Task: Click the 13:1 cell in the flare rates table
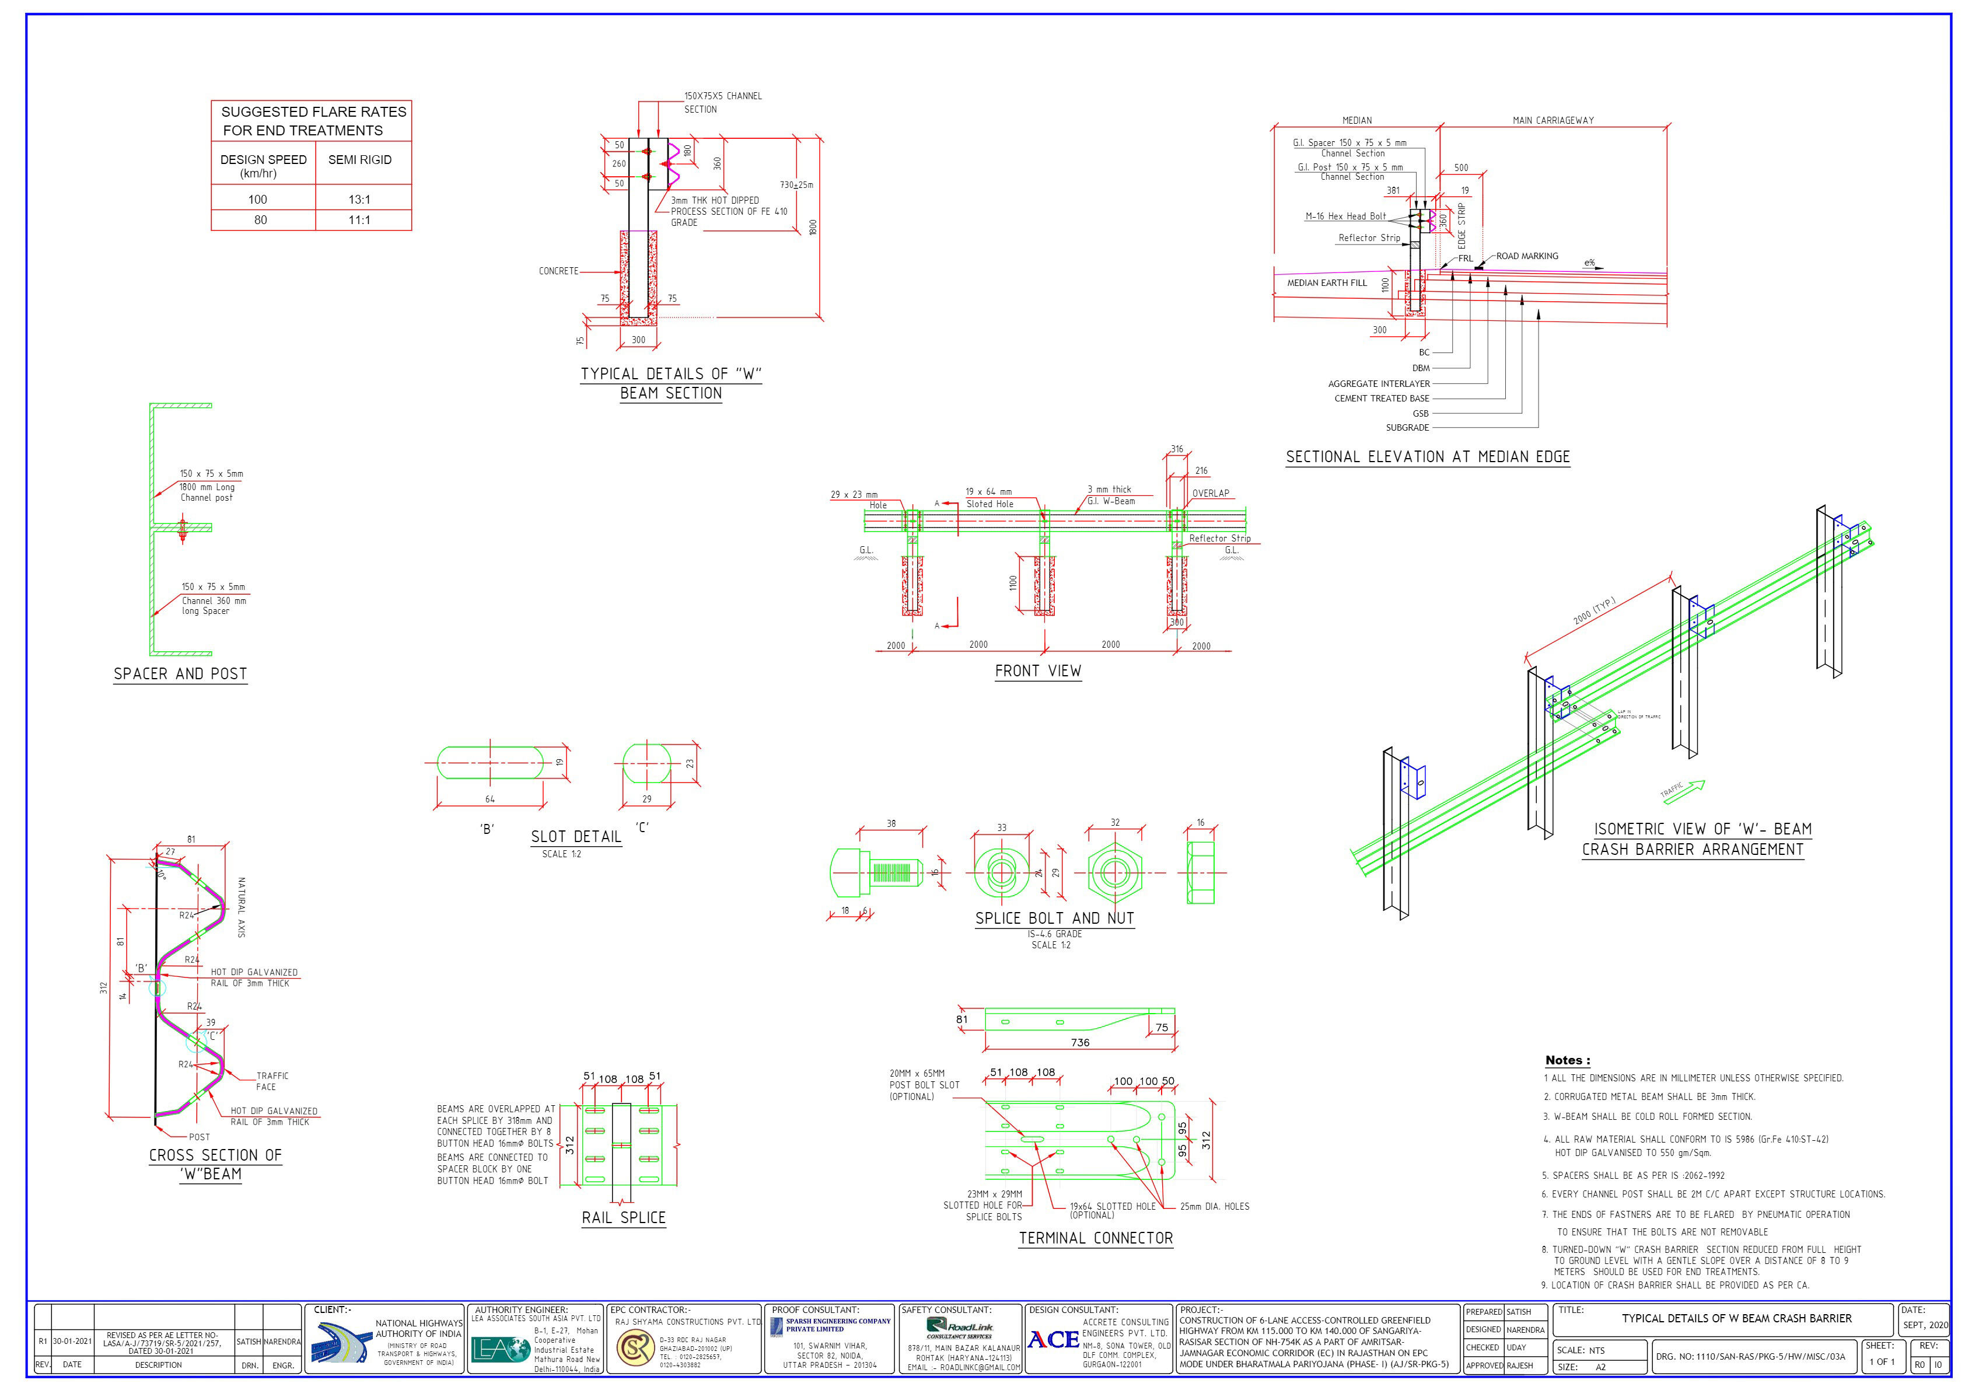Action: (359, 200)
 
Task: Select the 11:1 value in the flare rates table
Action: (359, 220)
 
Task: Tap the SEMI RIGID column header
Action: (359, 160)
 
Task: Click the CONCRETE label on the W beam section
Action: (558, 271)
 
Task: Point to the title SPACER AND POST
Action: (181, 673)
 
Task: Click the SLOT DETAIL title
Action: (576, 837)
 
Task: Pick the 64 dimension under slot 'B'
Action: (489, 799)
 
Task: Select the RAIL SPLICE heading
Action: (623, 1218)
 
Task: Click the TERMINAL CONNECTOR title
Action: (1096, 1238)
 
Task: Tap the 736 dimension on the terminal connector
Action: (1080, 1042)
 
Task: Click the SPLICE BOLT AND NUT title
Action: (1054, 918)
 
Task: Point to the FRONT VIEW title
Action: (1037, 671)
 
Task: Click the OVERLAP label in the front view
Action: (1210, 494)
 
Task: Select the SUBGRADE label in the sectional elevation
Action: (1407, 428)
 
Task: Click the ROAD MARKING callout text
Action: (1527, 256)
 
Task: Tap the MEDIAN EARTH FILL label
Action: (1327, 283)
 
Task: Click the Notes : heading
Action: (1567, 1060)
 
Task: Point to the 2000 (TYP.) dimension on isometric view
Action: (1593, 611)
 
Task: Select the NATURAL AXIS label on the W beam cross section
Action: (242, 907)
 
